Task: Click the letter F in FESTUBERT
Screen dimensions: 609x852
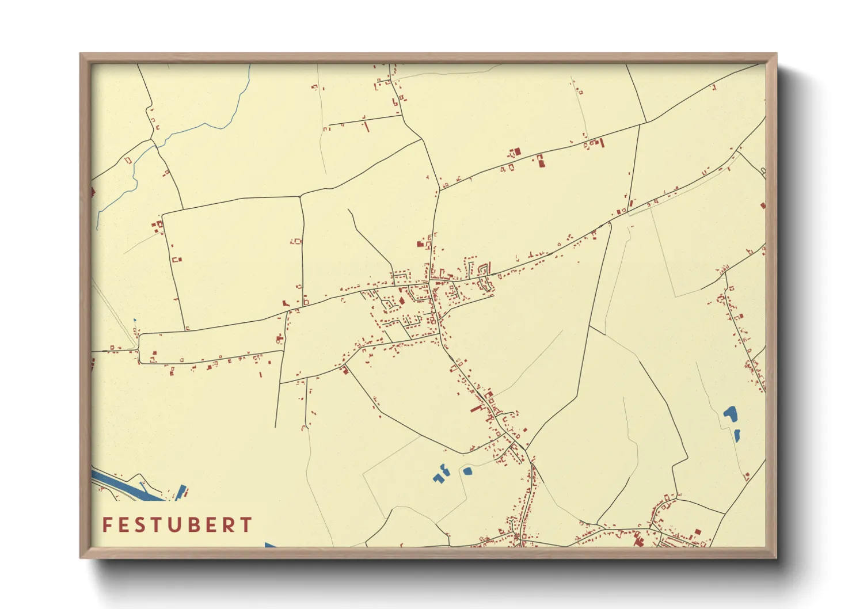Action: coord(106,524)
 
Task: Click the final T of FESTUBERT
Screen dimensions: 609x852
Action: coord(246,524)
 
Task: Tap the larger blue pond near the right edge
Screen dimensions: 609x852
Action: coord(730,413)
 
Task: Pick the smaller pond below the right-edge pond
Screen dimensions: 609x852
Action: coord(737,435)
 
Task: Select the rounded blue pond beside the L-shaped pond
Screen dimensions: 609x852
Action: coord(467,471)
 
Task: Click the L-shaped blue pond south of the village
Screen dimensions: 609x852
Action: coord(442,474)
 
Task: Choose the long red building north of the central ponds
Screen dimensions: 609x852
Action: coord(477,409)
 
